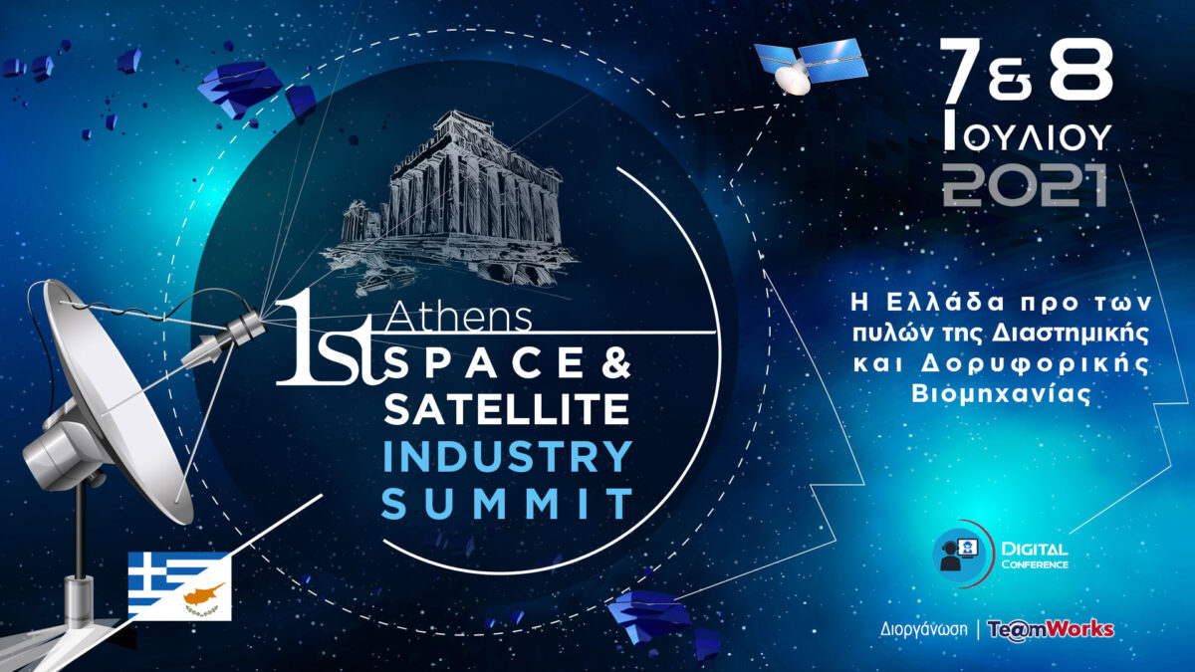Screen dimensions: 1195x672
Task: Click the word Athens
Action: coord(458,319)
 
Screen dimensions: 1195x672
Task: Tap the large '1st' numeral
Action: coord(330,337)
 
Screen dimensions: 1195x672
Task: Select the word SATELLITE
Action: coord(506,408)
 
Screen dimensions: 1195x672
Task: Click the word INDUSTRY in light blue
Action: coord(508,456)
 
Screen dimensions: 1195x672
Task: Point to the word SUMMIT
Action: coord(507,504)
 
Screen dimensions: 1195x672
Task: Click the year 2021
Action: coord(1026,185)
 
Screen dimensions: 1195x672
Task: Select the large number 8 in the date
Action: coord(1081,70)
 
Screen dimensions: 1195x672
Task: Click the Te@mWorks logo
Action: coord(1051,629)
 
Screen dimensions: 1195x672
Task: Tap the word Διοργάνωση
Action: coord(923,630)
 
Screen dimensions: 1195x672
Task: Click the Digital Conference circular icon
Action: coord(960,556)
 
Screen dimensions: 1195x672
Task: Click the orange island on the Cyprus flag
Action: coord(204,592)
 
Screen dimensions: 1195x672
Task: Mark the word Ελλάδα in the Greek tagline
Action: coord(946,303)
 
